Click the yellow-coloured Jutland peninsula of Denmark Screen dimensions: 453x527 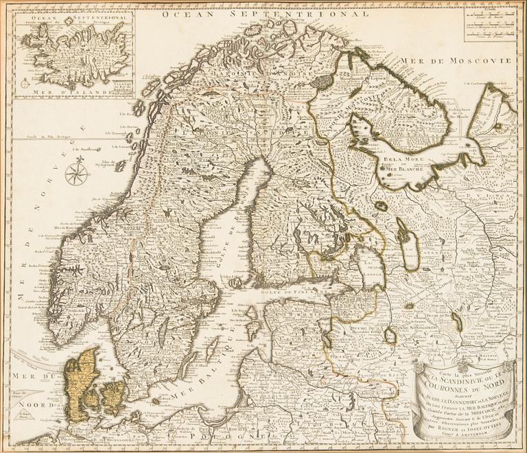pos(80,382)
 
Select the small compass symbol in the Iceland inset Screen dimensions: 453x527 pos(25,83)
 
